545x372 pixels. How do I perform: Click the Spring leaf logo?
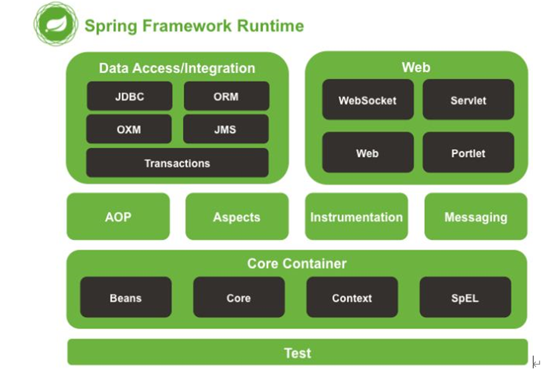(56, 24)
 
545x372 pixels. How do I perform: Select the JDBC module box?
(130, 96)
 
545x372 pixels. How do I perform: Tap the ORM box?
(226, 96)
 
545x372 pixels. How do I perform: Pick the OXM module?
(129, 129)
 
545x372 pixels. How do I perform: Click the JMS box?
(226, 129)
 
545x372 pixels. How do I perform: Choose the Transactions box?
(177, 163)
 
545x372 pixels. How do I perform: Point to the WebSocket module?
(368, 100)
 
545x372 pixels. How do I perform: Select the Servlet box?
(468, 100)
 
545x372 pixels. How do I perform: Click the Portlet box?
(468, 152)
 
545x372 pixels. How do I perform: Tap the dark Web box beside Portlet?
(368, 152)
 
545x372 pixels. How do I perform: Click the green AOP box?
(118, 217)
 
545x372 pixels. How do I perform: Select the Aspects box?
(237, 217)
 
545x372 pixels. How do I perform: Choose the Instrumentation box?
(356, 217)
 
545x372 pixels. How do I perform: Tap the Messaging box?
(476, 217)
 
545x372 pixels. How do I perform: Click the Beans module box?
(126, 297)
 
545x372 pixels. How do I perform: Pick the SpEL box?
(466, 297)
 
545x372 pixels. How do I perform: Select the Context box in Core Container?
(352, 297)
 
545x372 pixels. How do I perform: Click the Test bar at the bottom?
(298, 352)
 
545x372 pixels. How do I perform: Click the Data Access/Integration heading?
(177, 68)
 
